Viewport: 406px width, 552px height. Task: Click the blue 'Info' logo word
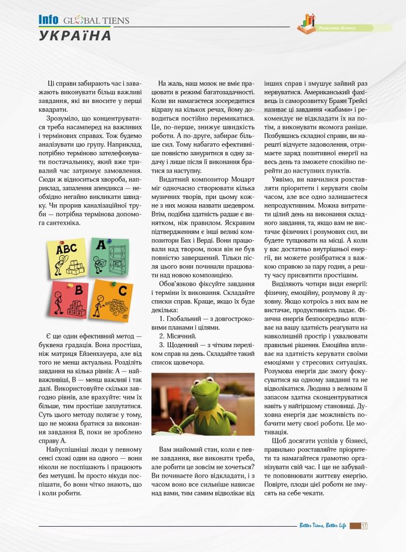tap(48, 19)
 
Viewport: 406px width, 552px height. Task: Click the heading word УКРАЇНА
tap(75, 36)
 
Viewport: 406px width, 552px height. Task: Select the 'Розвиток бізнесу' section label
tap(338, 27)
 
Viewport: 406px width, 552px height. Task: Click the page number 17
tap(365, 526)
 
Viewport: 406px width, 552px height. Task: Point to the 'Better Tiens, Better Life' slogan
tap(323, 526)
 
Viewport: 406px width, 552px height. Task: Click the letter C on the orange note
tap(123, 291)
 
